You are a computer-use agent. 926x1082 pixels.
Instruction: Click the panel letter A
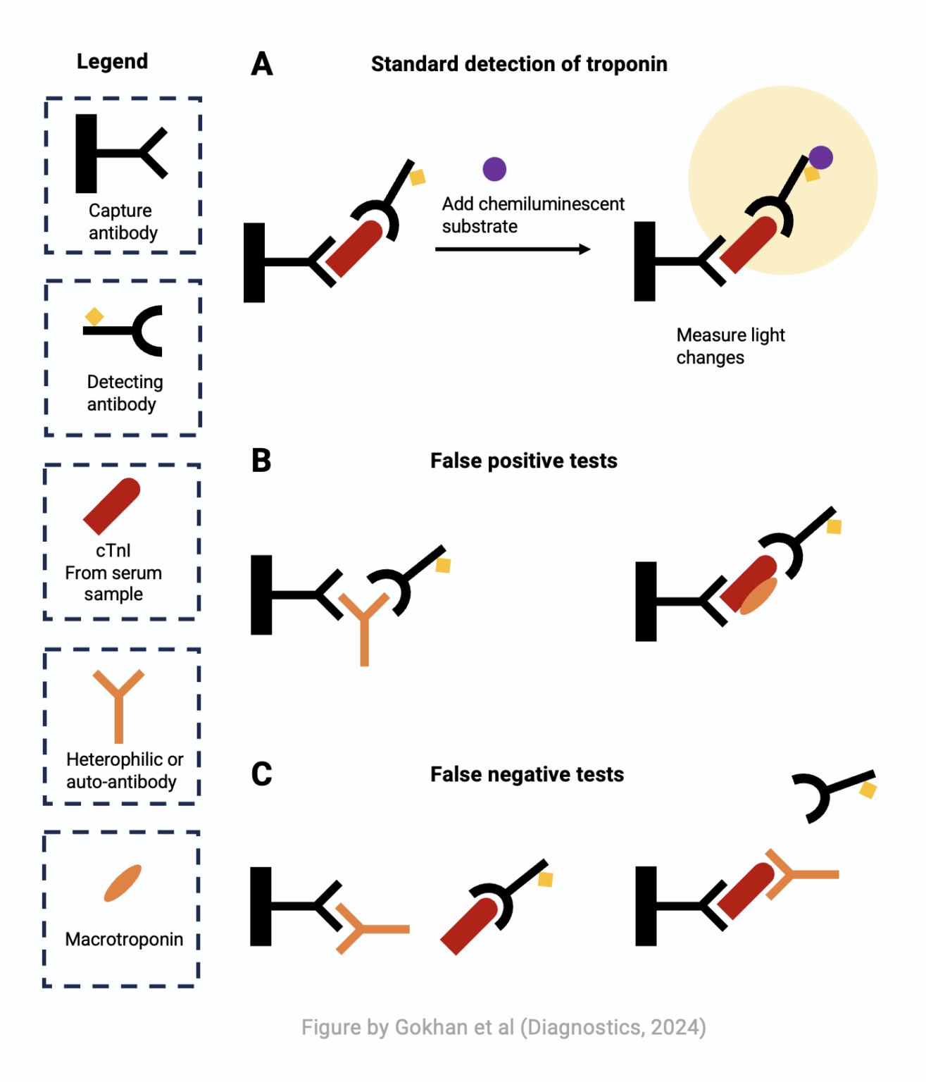point(262,64)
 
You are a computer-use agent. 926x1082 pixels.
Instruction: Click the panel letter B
point(261,461)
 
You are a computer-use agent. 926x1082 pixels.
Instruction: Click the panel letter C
point(261,774)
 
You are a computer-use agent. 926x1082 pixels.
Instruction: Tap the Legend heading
point(112,62)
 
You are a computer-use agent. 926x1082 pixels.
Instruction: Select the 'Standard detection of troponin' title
point(519,64)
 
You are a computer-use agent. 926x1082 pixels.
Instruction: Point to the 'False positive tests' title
point(523,461)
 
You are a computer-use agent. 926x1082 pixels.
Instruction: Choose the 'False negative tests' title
point(527,774)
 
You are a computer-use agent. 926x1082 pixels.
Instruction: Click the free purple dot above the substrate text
point(494,169)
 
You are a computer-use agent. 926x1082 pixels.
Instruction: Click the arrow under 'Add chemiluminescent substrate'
point(513,249)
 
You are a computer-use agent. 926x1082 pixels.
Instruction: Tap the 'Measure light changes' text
point(730,346)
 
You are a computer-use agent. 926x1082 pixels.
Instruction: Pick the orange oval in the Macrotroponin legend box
point(123,883)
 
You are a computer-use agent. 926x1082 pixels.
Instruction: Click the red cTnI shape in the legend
point(112,505)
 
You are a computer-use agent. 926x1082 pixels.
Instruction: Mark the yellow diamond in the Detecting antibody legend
point(94,317)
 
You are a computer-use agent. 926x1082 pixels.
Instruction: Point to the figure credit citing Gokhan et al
point(503,1027)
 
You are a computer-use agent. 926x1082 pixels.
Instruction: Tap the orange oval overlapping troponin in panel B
point(759,596)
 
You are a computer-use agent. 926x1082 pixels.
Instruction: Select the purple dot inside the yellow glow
point(820,158)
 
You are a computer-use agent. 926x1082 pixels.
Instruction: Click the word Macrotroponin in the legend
point(124,939)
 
